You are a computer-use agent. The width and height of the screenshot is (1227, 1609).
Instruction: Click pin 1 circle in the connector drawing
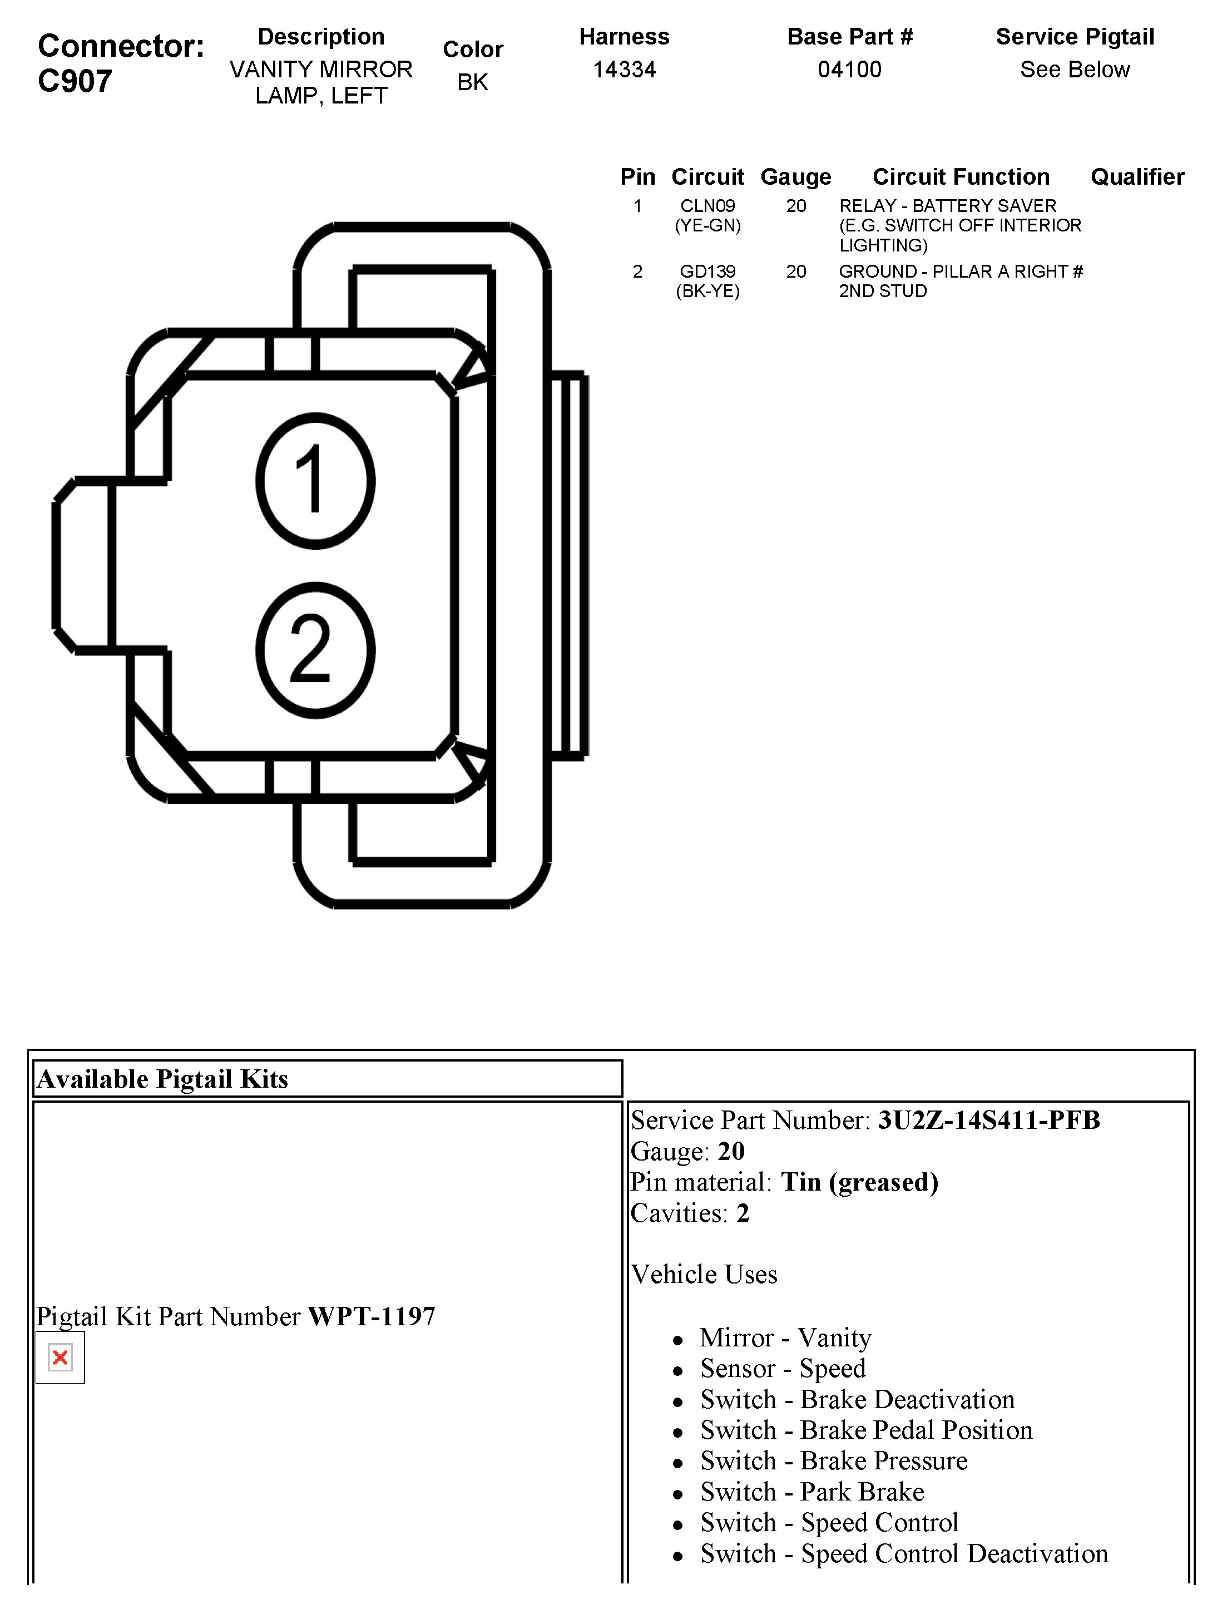tap(315, 481)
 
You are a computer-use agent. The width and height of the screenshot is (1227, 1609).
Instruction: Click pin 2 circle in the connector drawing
tap(315, 650)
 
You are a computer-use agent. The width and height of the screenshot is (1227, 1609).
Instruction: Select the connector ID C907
tap(75, 81)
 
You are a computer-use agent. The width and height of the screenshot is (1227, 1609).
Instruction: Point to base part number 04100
tap(849, 70)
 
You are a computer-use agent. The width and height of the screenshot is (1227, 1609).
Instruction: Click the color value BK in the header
tap(473, 82)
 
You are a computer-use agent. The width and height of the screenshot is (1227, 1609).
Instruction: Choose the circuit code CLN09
tap(707, 206)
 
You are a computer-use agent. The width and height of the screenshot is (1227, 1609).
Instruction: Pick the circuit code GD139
tap(707, 272)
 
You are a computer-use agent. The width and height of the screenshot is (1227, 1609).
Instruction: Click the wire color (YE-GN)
tap(707, 226)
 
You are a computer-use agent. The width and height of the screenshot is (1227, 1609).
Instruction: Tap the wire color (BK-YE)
tap(707, 292)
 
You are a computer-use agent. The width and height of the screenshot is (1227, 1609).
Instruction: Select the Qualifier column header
tap(1137, 177)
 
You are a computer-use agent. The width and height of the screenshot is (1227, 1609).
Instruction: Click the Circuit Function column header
tap(961, 177)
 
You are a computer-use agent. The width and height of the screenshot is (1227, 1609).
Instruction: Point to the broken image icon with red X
tap(61, 1358)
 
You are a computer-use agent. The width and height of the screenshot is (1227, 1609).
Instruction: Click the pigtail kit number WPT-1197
tap(371, 1317)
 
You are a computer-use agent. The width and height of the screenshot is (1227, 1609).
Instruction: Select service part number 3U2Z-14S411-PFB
tap(988, 1121)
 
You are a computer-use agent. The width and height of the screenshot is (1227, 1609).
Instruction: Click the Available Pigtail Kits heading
tap(163, 1079)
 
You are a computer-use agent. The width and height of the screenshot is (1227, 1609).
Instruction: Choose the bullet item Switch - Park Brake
tap(812, 1492)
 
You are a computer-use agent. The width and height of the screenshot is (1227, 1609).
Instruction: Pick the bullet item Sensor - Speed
tap(782, 1368)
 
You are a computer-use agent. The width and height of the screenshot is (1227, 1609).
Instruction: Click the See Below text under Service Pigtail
tap(1075, 70)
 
